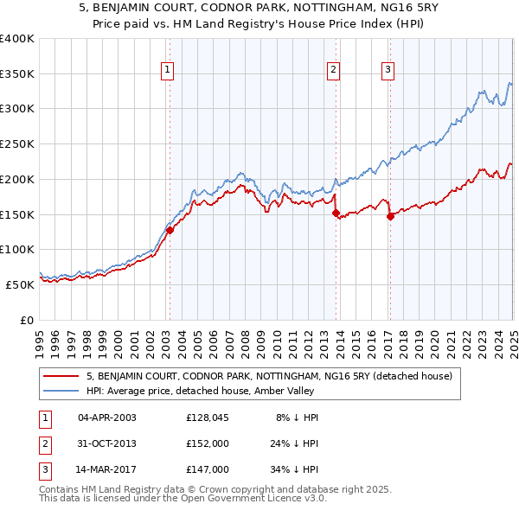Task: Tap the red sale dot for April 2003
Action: pyautogui.click(x=170, y=230)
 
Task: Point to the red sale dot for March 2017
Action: pyautogui.click(x=390, y=217)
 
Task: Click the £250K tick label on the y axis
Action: pyautogui.click(x=17, y=143)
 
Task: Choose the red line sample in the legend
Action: pyautogui.click(x=62, y=376)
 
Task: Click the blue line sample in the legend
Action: pyautogui.click(x=62, y=391)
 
